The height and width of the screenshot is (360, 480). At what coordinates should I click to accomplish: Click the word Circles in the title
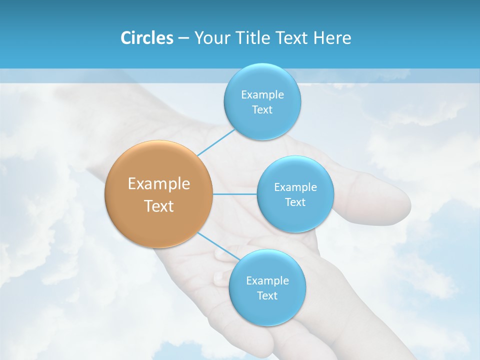(x=146, y=38)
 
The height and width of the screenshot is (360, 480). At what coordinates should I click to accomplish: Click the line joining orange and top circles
(x=216, y=141)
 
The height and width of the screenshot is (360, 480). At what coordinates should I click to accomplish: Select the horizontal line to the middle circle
(x=234, y=194)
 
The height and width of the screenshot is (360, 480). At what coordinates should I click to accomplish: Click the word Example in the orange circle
(x=159, y=184)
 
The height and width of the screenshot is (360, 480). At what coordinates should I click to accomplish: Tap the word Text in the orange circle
(x=159, y=206)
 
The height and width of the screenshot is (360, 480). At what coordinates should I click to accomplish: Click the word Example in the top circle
(x=262, y=95)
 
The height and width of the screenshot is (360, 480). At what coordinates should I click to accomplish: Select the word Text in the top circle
(x=262, y=110)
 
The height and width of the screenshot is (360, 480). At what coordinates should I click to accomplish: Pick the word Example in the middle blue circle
(x=295, y=187)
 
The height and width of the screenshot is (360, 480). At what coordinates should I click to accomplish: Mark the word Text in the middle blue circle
(x=295, y=202)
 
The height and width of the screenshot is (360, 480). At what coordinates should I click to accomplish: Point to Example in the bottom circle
(x=267, y=281)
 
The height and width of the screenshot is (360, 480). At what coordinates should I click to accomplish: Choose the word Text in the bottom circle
(x=267, y=296)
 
